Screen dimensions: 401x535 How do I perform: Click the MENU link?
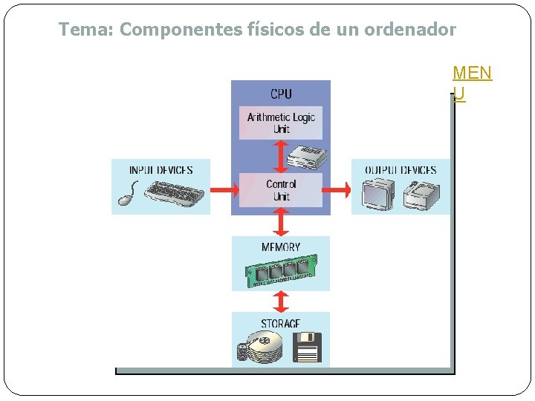click(x=472, y=82)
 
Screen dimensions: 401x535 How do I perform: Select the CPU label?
click(x=281, y=94)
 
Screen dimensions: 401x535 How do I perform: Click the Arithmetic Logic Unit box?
click(x=281, y=123)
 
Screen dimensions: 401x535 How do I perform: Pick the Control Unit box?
click(x=281, y=190)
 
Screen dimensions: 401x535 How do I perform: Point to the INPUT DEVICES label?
click(x=160, y=170)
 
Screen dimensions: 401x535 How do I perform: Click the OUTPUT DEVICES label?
click(x=401, y=170)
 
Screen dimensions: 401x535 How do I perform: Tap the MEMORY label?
click(x=281, y=247)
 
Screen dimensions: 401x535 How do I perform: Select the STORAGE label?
click(x=281, y=324)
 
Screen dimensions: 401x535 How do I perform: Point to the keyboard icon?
click(x=174, y=194)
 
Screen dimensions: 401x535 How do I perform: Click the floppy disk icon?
click(x=307, y=348)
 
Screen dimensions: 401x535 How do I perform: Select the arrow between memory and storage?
click(x=281, y=301)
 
